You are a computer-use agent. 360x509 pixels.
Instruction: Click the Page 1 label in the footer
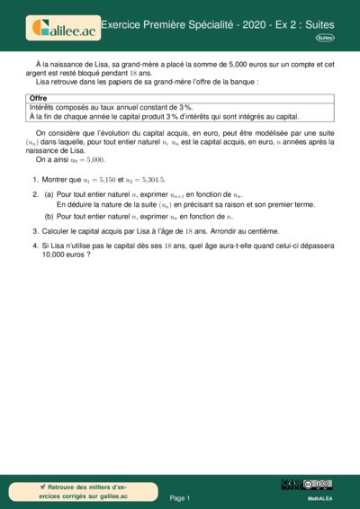(180, 497)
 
